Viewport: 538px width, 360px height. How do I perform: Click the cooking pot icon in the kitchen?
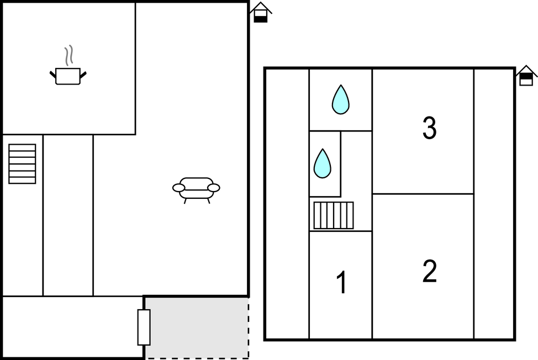(68, 76)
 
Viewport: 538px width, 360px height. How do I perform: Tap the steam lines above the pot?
(69, 55)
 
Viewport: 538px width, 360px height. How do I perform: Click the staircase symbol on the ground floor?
(22, 164)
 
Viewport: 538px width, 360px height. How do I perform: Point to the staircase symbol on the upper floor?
(334, 215)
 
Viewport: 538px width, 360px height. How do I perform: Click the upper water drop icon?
(341, 99)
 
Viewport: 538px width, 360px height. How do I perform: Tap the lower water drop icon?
(323, 163)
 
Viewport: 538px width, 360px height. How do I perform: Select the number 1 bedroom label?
(342, 283)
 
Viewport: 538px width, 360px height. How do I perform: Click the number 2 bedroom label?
(430, 271)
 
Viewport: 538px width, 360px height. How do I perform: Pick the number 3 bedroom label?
(430, 128)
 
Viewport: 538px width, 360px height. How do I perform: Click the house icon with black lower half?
(261, 12)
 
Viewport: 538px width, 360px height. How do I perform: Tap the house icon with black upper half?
(526, 76)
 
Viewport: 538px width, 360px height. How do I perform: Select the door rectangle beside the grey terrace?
(144, 327)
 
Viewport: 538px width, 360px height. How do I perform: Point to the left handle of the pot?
(53, 75)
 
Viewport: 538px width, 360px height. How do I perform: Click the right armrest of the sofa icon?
(214, 188)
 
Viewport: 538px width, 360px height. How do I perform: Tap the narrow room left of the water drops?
(287, 204)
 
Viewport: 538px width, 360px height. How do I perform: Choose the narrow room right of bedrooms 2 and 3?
(494, 204)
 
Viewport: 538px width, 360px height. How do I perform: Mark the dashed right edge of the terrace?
(249, 328)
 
